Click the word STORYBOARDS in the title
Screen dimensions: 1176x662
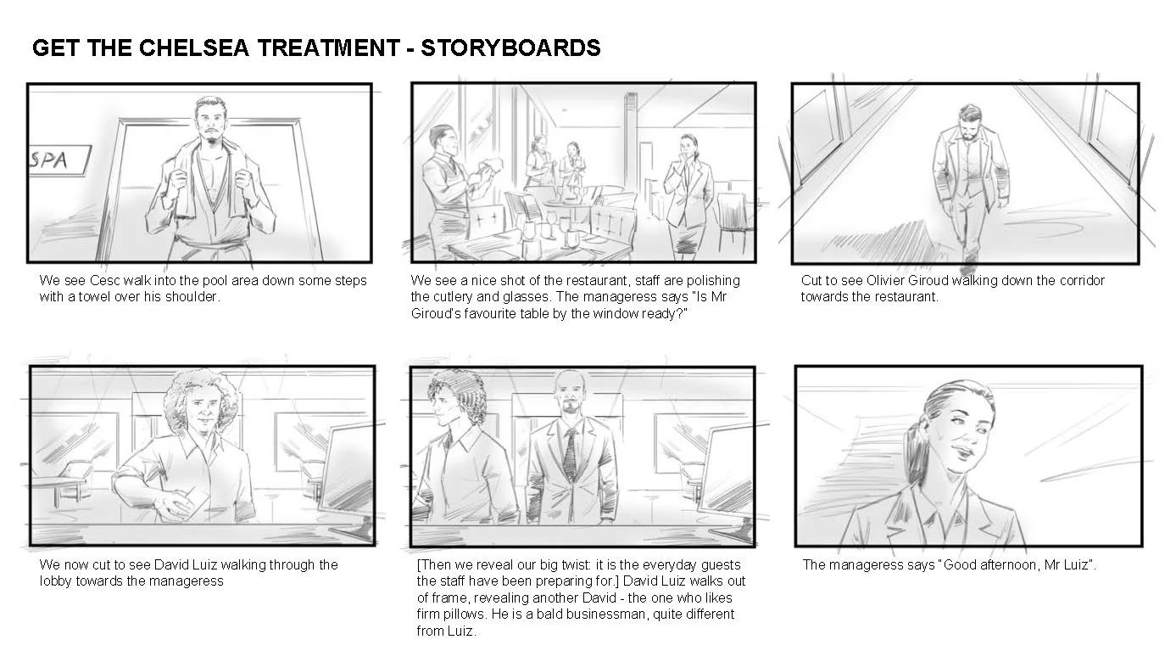(510, 48)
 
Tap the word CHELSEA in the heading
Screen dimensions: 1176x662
(193, 48)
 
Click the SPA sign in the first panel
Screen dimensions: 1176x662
(59, 160)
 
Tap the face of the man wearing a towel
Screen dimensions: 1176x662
(212, 123)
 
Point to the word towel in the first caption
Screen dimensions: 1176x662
(94, 297)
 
